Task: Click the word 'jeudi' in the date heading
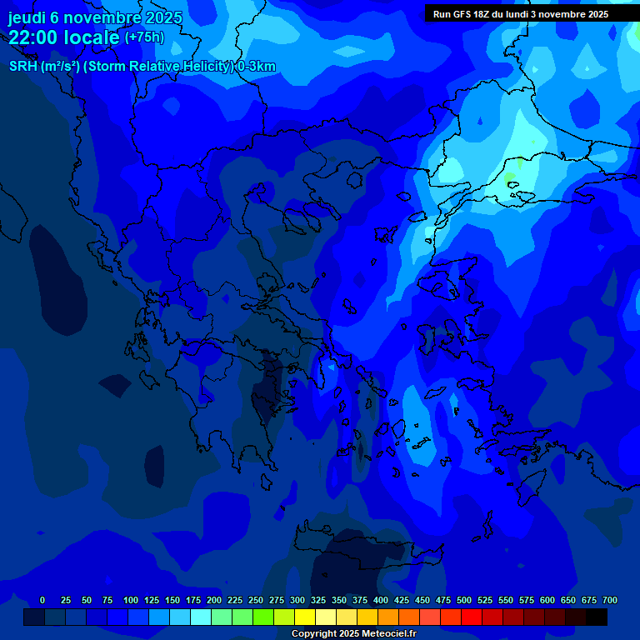coord(27,17)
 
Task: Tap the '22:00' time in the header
coord(33,37)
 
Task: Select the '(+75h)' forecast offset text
coord(144,37)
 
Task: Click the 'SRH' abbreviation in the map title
coord(24,67)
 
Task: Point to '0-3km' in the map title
coord(257,67)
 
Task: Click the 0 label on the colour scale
coord(42,600)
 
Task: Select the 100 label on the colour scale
coord(131,600)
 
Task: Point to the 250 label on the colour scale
coord(256,600)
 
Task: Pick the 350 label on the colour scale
coord(339,600)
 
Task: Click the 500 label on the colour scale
coord(464,600)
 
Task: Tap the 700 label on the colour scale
coord(610,600)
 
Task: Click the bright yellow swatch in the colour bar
coord(305,617)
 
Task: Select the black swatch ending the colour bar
coord(597,617)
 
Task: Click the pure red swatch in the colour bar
coord(472,617)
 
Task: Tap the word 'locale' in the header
coord(89,37)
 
